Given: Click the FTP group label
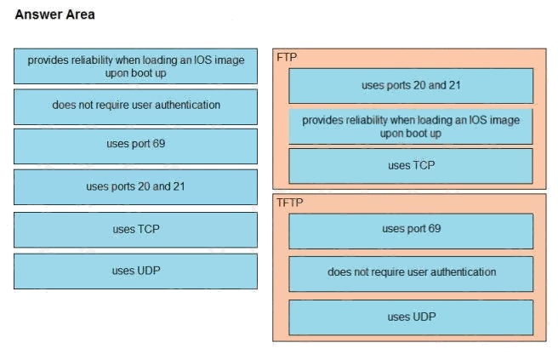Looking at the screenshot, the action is (287, 57).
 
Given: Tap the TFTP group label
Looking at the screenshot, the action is (290, 203).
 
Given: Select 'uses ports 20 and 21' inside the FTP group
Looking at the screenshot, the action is (411, 86).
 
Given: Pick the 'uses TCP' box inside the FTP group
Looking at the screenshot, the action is (411, 166).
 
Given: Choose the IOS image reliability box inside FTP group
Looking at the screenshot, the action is (411, 127).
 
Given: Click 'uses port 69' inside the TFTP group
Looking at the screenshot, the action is (411, 231).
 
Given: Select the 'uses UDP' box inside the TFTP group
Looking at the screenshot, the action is (411, 317).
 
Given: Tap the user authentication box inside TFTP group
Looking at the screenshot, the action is (411, 274).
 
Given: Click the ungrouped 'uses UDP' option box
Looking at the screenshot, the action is (135, 271).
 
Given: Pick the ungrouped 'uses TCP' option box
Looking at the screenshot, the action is (135, 230).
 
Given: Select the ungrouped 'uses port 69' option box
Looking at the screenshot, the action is (135, 146).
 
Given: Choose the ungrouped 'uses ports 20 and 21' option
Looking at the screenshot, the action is (135, 187).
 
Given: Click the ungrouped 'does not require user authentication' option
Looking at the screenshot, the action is (135, 107).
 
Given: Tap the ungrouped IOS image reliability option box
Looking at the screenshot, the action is (135, 66).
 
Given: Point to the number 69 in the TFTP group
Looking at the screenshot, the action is (434, 228).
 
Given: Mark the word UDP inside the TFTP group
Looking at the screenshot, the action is (424, 317).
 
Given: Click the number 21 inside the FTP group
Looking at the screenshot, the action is (454, 85).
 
